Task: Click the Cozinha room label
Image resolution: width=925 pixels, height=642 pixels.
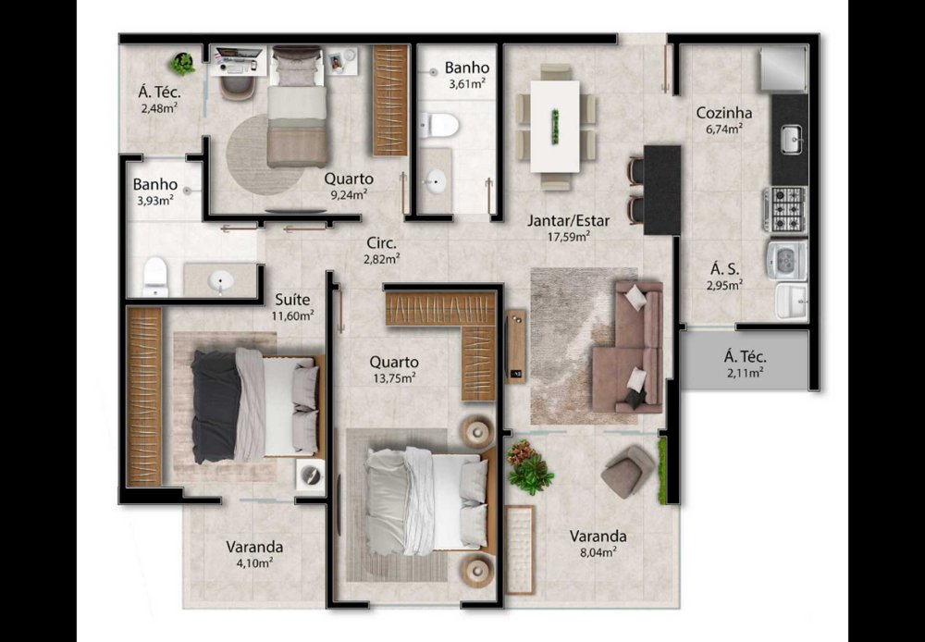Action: pos(724,112)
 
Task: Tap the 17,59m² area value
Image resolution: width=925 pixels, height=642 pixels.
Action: pos(568,237)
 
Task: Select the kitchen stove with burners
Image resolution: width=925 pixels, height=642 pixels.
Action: pos(785,209)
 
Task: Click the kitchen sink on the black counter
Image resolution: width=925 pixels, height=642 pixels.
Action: pos(791,140)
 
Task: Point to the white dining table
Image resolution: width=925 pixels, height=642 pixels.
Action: pos(554,127)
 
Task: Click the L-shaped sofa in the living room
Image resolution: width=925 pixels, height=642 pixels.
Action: pos(628,346)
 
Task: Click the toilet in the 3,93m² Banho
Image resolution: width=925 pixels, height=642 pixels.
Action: pos(155,277)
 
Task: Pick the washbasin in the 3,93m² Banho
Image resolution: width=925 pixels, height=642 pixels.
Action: pos(221,280)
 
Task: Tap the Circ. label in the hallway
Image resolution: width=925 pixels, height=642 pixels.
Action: pos(382,243)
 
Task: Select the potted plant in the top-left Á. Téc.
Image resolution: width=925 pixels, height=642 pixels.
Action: pos(182,63)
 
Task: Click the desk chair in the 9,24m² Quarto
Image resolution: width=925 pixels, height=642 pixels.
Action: pos(239,87)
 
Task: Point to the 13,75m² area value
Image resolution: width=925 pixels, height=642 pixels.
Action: pos(394,378)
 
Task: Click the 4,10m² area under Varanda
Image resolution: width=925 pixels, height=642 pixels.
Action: pos(254,562)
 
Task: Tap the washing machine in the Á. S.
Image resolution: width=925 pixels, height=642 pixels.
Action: pos(786,260)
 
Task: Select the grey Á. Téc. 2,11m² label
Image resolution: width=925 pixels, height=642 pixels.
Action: pos(745,364)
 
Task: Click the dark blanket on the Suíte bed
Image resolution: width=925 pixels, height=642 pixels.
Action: pos(215,406)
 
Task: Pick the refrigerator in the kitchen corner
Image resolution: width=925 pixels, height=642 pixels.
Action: pos(783,68)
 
